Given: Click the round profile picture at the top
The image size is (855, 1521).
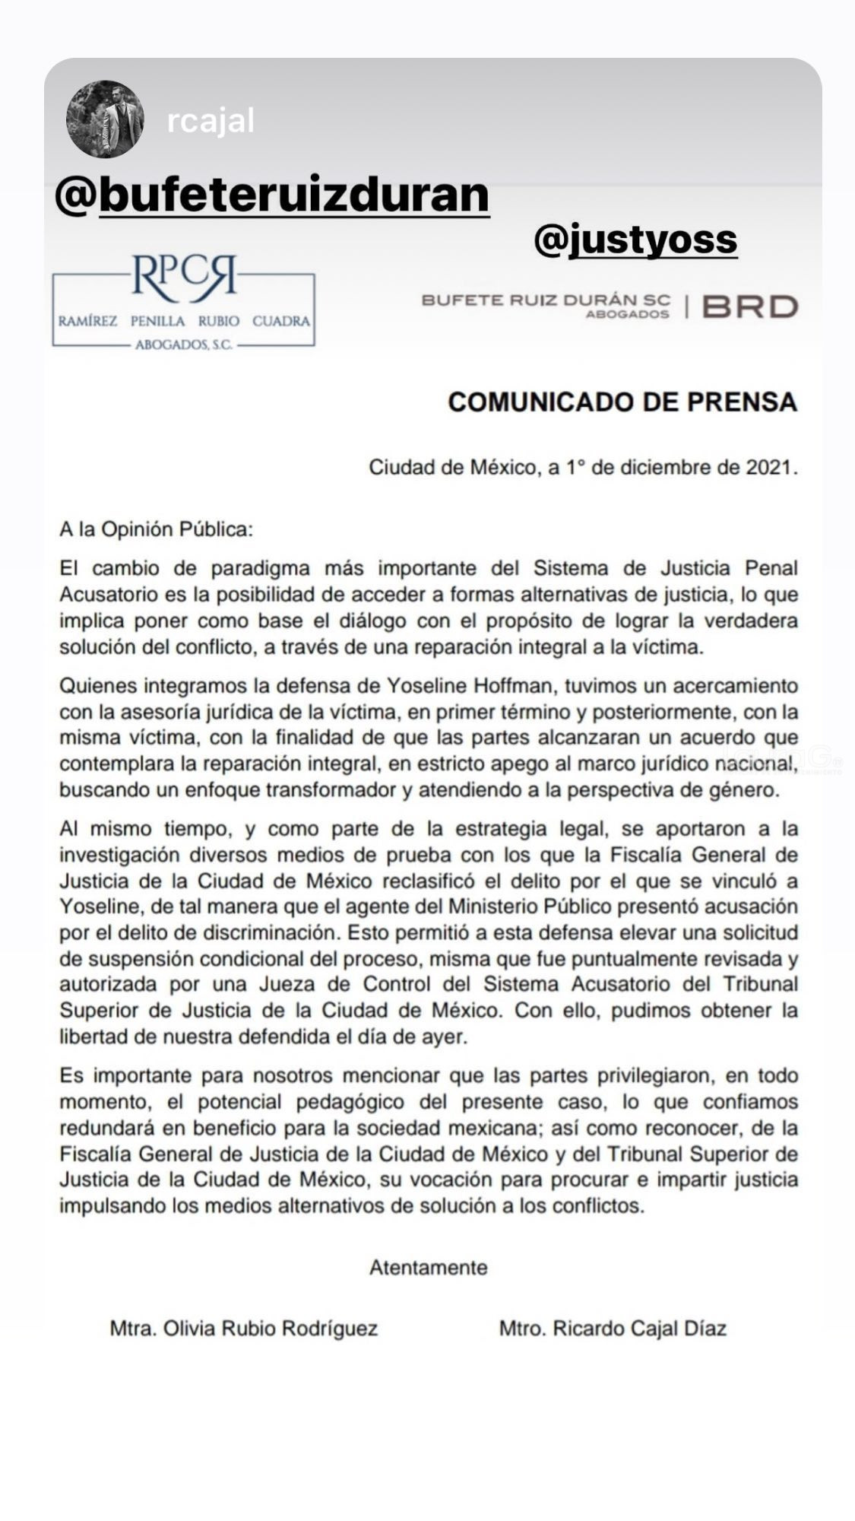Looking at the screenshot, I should [x=105, y=119].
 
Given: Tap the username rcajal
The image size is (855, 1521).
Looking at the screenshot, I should [x=211, y=121].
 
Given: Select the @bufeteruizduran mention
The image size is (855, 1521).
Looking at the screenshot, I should [x=272, y=195].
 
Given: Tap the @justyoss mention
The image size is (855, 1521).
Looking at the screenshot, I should [x=635, y=239].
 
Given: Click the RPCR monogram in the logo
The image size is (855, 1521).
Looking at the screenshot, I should [x=183, y=277].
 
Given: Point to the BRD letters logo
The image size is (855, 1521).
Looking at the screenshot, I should [x=750, y=306].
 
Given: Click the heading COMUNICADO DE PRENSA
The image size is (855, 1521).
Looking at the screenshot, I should [x=622, y=402].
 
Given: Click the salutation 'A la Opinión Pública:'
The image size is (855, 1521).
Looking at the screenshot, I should [x=156, y=529].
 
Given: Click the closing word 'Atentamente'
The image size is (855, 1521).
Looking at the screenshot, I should [x=428, y=1268].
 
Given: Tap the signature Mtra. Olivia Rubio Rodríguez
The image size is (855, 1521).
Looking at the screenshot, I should [x=244, y=1329].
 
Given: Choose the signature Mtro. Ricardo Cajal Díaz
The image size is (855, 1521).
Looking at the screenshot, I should [x=613, y=1329].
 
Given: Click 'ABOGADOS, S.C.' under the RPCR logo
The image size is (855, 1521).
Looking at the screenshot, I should [x=183, y=345].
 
